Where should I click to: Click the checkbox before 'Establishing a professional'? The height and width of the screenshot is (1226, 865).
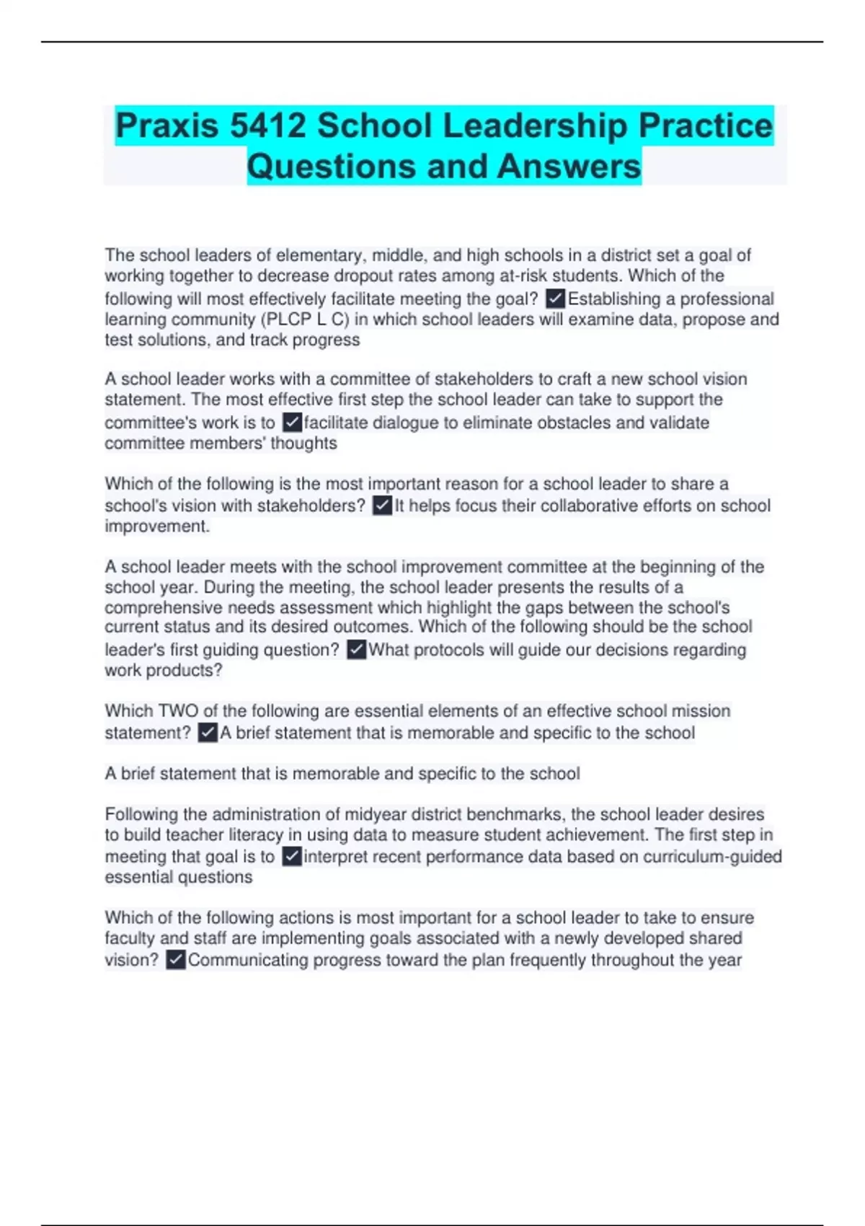pos(555,299)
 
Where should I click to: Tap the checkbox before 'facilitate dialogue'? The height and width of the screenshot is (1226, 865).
pos(292,422)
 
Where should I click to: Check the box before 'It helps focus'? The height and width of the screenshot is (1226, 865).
pos(382,506)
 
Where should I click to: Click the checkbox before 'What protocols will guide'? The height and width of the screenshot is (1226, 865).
pos(356,650)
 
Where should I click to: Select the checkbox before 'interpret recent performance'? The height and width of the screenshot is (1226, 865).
pos(291,857)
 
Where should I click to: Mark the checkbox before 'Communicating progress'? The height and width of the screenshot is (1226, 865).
pos(175,960)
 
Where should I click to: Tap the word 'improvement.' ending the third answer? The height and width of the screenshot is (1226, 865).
pos(157,526)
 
